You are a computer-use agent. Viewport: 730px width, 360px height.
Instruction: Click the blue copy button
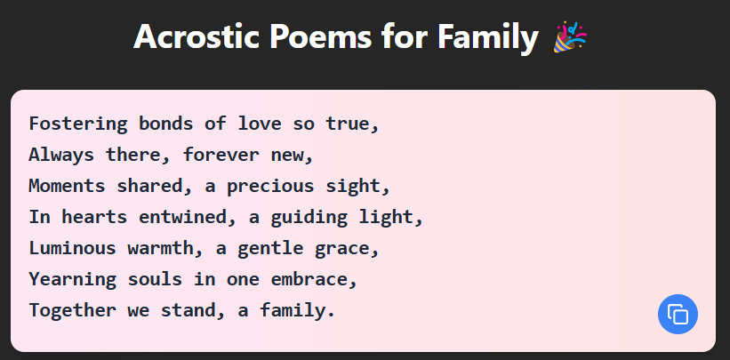678,314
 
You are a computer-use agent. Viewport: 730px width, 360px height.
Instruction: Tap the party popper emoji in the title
570,36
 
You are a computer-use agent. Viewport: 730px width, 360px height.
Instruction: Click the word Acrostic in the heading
196,36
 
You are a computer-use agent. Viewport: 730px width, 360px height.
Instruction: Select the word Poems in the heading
319,36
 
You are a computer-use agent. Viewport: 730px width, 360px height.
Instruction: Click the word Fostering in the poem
77,124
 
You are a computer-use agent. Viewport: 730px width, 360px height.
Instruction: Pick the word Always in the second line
61,155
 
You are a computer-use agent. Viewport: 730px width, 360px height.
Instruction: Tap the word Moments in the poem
67,186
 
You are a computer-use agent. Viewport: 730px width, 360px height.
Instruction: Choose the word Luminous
73,248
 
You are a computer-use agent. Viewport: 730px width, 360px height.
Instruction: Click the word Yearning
73,279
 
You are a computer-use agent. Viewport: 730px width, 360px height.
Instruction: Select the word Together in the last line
73,310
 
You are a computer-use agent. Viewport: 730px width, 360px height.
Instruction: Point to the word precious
270,187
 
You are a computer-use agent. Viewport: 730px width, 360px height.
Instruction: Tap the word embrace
314,279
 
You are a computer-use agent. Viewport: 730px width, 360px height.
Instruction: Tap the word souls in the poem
155,279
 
